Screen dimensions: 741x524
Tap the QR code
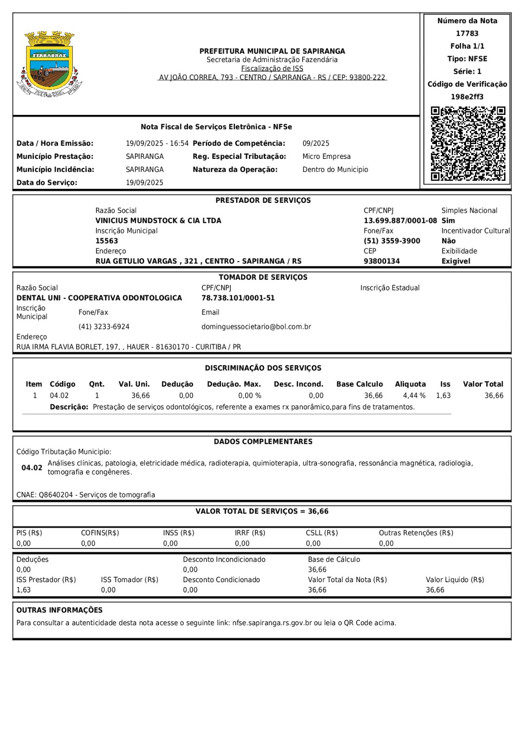(467, 144)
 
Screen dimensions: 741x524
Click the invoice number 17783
(467, 33)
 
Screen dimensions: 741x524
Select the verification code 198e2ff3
(467, 97)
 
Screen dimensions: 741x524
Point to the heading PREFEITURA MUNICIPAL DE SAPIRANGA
(272, 51)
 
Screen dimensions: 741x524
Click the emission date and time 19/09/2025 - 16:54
(157, 144)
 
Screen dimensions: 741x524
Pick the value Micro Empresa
(326, 157)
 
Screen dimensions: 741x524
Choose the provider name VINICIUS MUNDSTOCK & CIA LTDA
(158, 220)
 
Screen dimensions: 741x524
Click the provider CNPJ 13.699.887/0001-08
(400, 220)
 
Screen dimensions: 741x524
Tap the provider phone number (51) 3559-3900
(391, 241)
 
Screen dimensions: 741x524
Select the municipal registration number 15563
(107, 241)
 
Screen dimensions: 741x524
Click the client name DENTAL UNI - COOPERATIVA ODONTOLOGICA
(99, 298)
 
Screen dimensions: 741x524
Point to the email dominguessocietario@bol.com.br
(256, 327)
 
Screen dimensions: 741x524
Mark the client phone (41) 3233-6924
(104, 327)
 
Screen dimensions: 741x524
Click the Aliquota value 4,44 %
(414, 396)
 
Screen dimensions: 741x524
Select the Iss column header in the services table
(445, 384)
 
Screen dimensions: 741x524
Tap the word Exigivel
(455, 261)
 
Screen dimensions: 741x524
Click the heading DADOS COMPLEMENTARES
(263, 441)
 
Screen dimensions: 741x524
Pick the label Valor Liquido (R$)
(455, 579)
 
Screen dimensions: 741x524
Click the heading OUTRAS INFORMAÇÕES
(59, 610)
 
